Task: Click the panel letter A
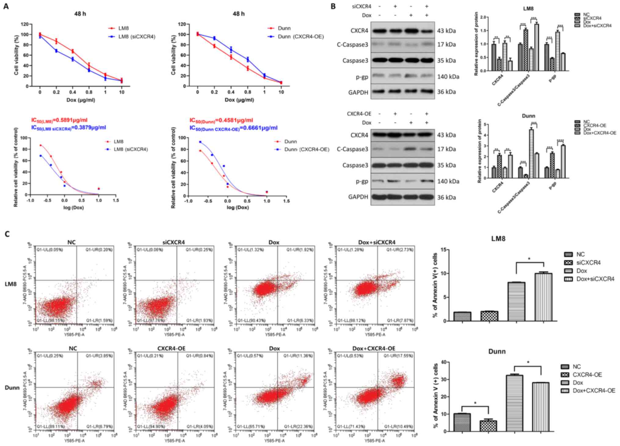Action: (6, 6)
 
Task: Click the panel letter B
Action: (333, 6)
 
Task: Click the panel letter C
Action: (7, 234)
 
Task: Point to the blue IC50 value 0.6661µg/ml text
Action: (234, 128)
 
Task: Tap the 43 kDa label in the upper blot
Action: (446, 31)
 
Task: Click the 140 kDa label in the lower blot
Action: (448, 181)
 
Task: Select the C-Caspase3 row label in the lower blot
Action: (353, 149)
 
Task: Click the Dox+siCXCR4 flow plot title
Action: (377, 242)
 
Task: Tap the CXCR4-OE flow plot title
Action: (171, 348)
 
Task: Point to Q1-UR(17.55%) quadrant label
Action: (398, 356)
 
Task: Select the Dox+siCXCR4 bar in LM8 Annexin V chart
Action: (543, 297)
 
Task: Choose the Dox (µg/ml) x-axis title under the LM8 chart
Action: (81, 100)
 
